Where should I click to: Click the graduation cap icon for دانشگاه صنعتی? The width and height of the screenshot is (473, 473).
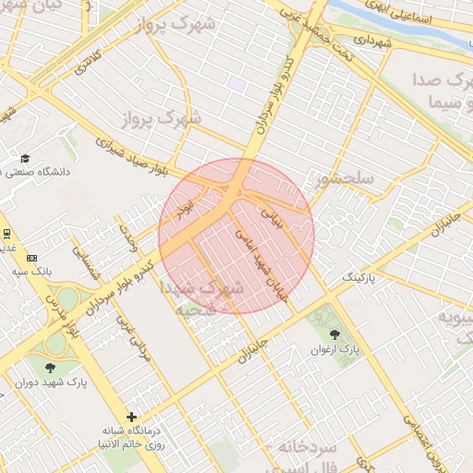25,159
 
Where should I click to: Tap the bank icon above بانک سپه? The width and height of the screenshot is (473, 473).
33,258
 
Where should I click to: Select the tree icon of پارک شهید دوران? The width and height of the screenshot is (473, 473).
38,367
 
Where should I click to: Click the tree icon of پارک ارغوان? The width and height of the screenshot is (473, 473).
334,334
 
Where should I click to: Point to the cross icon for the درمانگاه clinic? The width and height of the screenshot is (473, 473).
132,418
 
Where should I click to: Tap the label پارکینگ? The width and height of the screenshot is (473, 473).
360,277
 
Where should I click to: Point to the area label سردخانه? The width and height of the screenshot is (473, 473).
315,447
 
